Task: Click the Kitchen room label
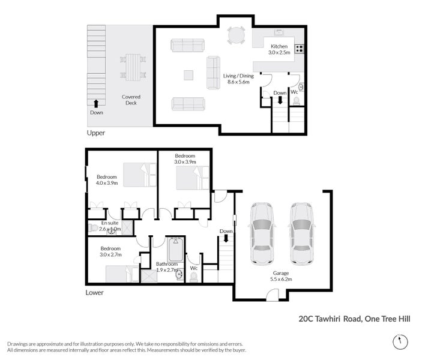(279, 46)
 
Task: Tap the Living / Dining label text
(238, 76)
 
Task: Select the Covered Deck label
(131, 99)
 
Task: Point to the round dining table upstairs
(236, 36)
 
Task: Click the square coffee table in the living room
(188, 75)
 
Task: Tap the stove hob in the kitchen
(299, 49)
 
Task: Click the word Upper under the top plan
(96, 133)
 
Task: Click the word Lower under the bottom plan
(95, 293)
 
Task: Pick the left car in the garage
(262, 233)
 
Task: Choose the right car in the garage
(302, 233)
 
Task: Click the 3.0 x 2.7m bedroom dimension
(110, 254)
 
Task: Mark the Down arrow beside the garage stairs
(226, 238)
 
